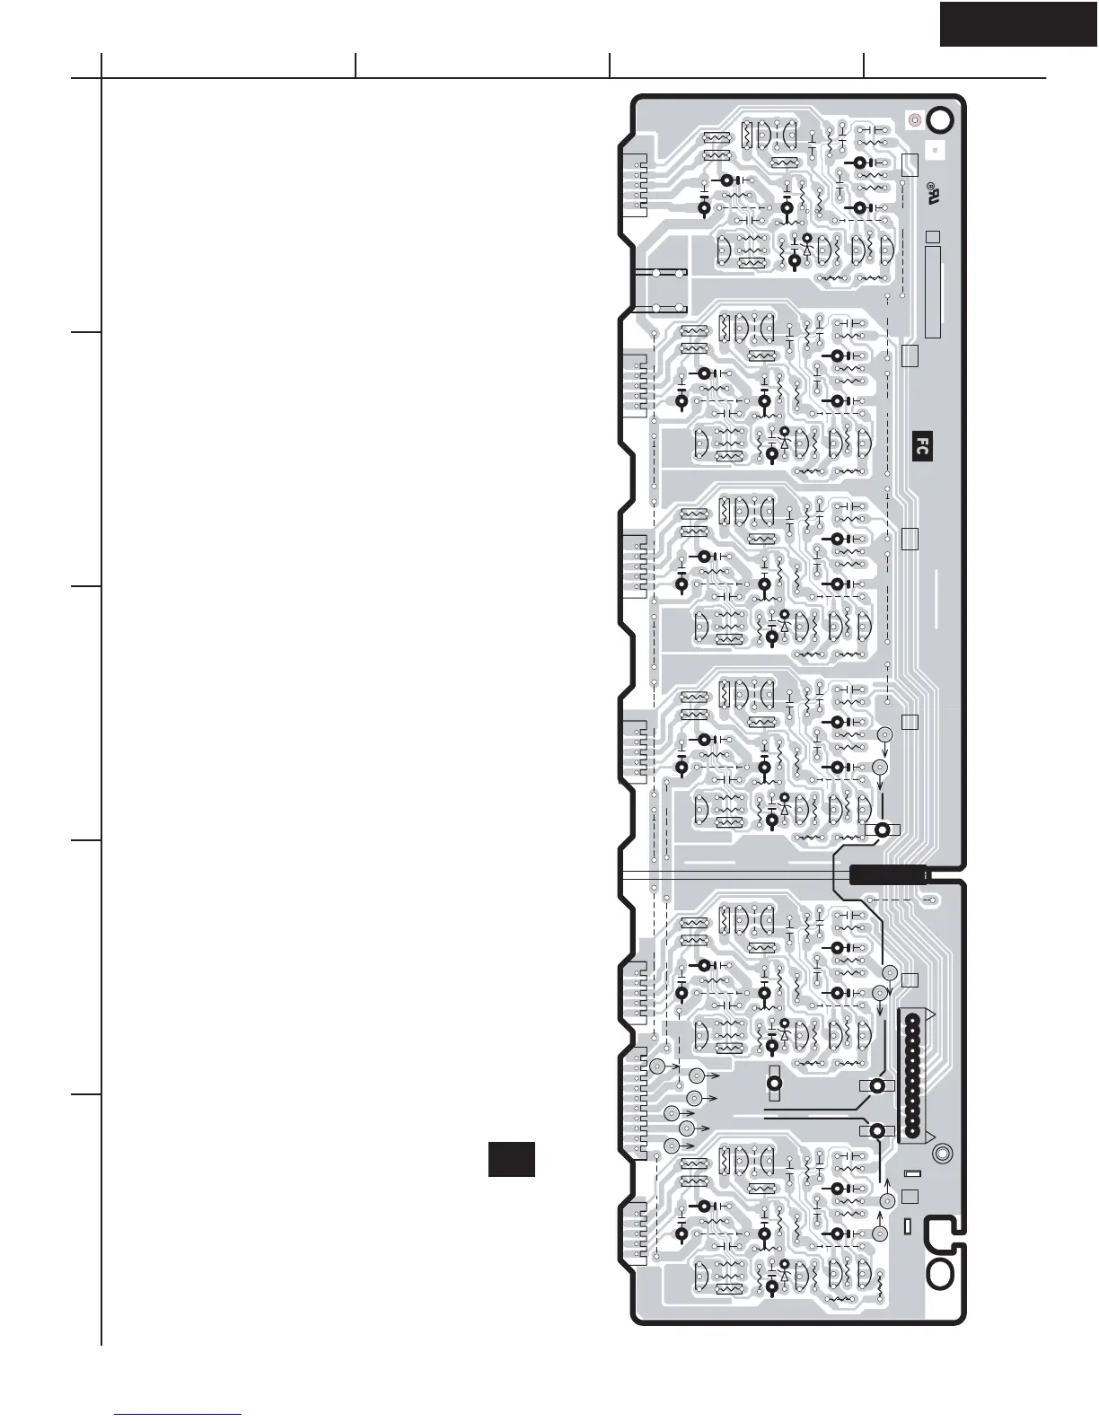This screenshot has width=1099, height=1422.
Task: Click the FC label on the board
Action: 922,446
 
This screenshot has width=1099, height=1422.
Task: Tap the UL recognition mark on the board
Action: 931,192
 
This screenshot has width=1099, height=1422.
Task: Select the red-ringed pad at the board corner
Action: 914,119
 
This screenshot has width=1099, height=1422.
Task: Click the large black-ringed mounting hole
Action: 940,119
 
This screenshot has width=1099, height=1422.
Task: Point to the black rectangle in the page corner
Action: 1019,23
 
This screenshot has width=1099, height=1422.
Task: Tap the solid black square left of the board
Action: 512,1160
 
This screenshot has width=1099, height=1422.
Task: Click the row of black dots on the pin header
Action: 912,1075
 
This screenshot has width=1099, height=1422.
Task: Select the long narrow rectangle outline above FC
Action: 933,293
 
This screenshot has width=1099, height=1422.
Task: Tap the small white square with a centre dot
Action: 935,150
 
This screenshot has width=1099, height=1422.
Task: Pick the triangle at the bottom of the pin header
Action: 928,1137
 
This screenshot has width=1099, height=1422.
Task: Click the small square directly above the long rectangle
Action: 933,237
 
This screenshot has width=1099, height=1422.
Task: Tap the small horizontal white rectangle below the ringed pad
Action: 912,1173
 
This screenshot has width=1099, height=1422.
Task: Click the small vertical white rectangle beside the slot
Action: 907,1226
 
